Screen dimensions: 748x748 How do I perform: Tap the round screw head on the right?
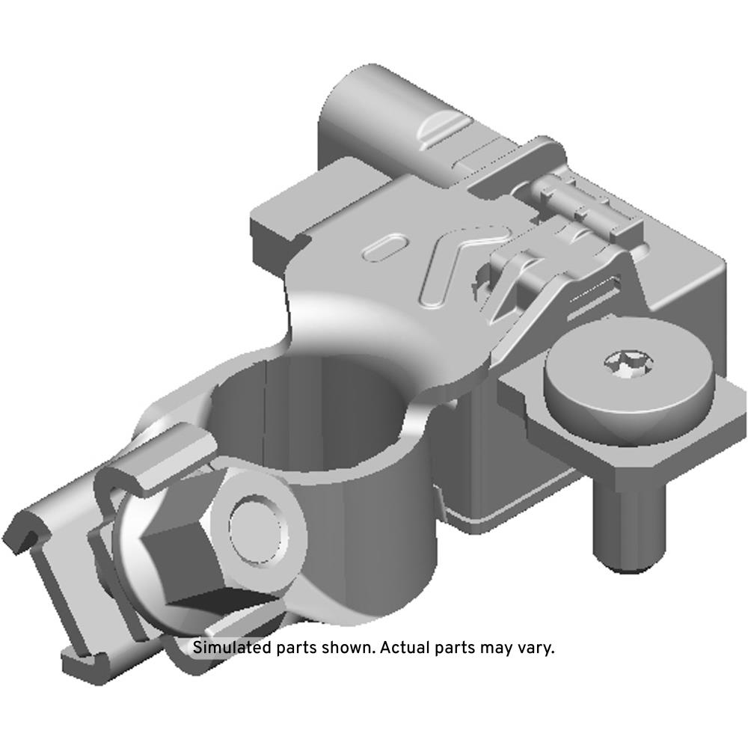click(630, 377)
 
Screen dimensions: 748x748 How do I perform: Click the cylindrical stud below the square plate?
click(629, 525)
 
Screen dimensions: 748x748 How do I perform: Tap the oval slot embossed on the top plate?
click(386, 247)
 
